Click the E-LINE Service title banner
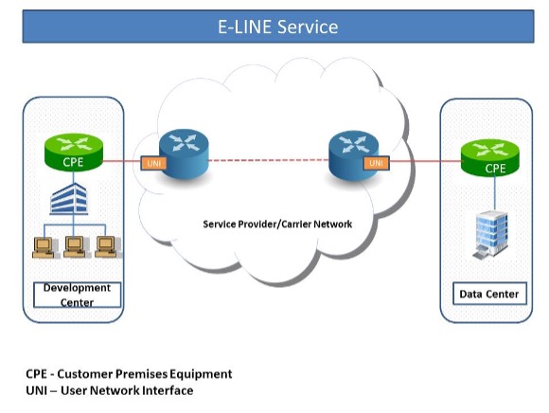tap(278, 27)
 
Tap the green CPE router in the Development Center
tap(74, 153)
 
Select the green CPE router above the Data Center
tap(489, 158)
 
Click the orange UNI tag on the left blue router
tap(153, 163)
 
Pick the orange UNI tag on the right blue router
tap(376, 163)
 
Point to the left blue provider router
tap(184, 154)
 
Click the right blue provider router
tap(354, 155)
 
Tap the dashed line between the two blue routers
tap(269, 160)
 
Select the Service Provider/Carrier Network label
tap(277, 224)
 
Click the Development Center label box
tap(77, 295)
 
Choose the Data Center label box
tap(489, 294)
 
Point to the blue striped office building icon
tap(68, 199)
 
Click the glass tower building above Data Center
tap(491, 234)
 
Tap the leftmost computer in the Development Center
tap(44, 247)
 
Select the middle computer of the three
tap(76, 247)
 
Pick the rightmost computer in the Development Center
tap(107, 247)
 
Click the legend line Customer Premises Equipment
tap(129, 374)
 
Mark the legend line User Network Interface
tap(110, 390)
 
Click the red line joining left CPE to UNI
tap(121, 161)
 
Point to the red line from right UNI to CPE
tap(425, 161)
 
